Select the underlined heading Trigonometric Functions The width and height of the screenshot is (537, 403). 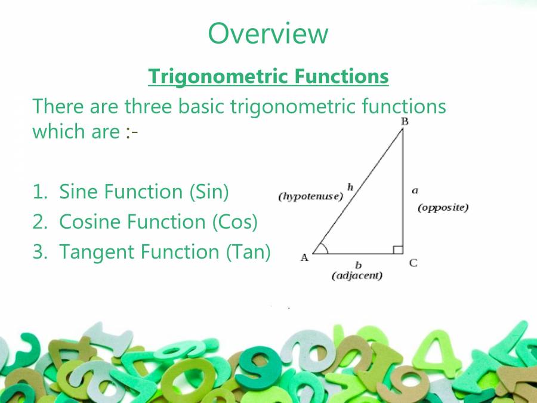coord(268,76)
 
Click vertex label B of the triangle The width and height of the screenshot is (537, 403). coord(404,122)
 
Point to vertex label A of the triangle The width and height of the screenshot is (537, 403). coord(304,258)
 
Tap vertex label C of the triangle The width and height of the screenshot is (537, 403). coord(413,263)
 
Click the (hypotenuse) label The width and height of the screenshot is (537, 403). coord(311,196)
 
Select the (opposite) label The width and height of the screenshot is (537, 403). coord(443,208)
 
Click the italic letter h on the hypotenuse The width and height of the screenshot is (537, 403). coord(350,187)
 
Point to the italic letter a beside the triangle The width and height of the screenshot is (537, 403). coord(415,190)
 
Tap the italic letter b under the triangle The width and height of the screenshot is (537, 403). coord(358,264)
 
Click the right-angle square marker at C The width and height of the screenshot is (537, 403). coord(399,250)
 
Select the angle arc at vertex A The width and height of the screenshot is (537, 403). coord(322,247)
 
